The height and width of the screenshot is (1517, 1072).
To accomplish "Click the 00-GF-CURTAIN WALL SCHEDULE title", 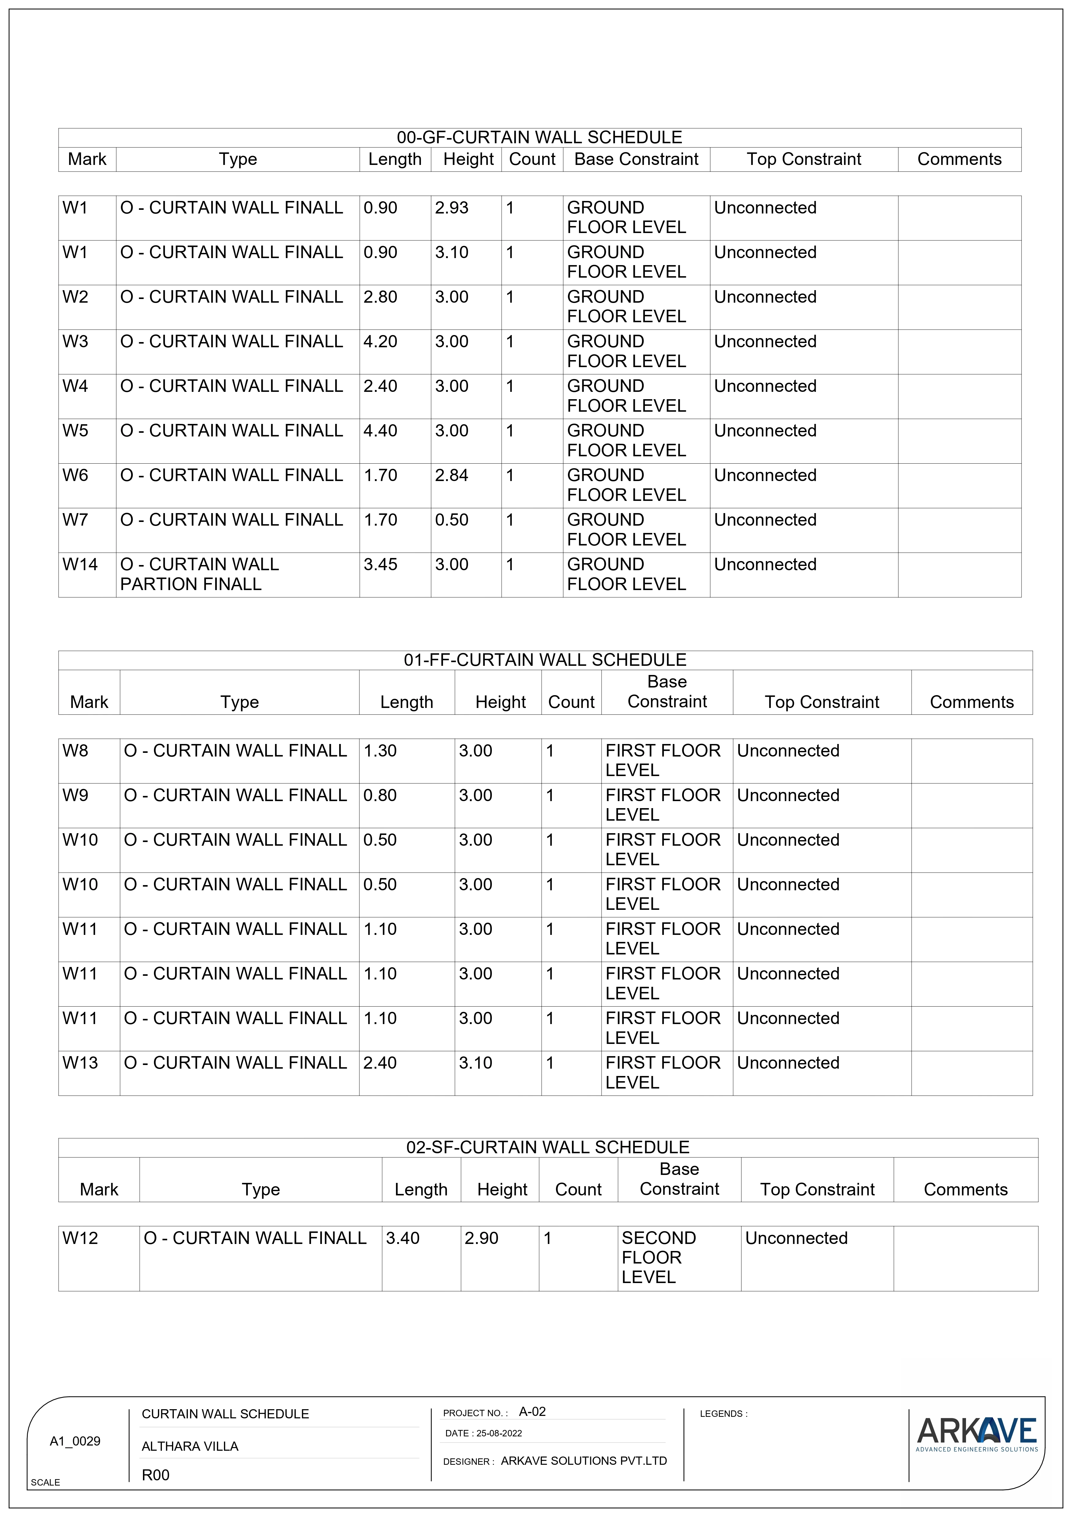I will tap(539, 137).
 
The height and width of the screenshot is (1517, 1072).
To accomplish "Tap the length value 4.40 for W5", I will tap(381, 431).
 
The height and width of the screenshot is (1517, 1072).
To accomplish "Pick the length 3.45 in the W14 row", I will tap(381, 565).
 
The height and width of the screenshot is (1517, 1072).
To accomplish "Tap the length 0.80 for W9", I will tap(380, 796).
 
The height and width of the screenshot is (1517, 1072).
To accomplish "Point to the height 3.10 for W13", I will tap(476, 1063).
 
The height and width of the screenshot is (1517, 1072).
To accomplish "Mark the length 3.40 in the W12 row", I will tap(402, 1238).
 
